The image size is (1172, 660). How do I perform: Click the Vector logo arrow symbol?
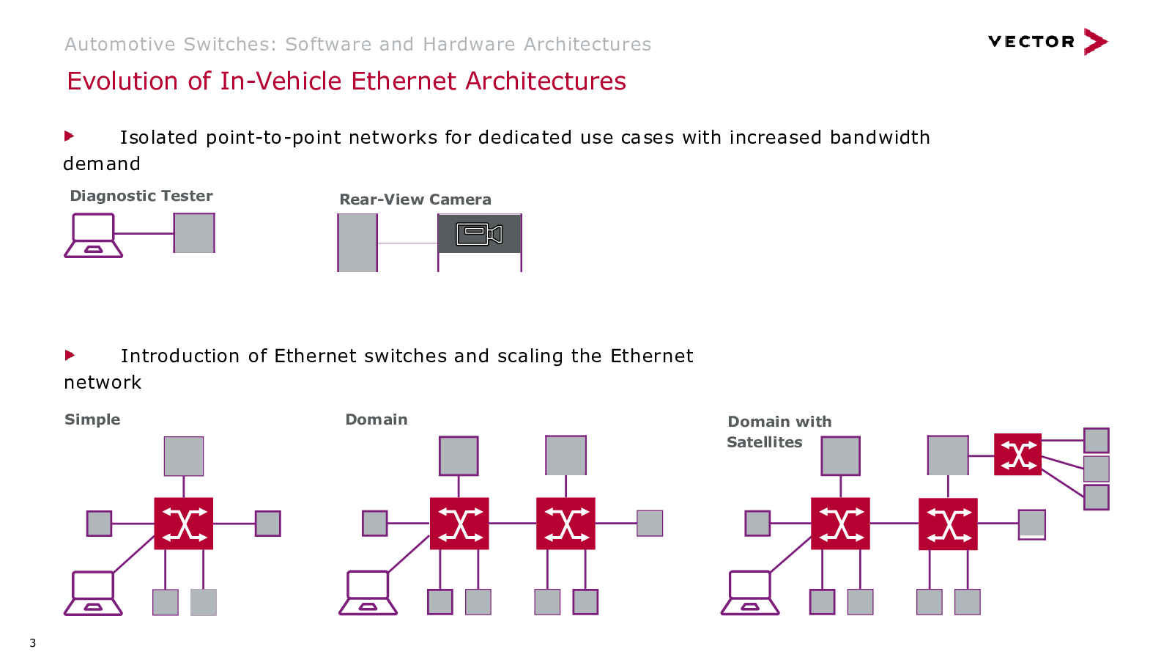click(x=1095, y=41)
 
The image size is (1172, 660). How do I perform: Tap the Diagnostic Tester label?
click(x=141, y=196)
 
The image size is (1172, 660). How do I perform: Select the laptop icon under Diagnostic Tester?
click(x=94, y=235)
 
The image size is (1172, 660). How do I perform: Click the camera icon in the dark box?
click(x=479, y=234)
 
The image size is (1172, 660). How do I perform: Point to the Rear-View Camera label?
click(x=415, y=199)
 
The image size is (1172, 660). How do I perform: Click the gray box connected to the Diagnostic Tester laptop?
click(x=194, y=233)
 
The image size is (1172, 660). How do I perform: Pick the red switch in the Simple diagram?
click(x=184, y=524)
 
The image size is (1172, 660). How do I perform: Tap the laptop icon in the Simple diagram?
click(x=93, y=593)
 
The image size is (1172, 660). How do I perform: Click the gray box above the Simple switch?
click(x=184, y=456)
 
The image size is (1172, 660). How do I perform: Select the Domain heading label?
click(x=377, y=419)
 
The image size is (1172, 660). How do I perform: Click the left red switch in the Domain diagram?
click(x=459, y=524)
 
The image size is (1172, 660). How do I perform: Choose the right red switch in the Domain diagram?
click(x=565, y=524)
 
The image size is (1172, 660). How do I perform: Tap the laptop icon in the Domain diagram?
click(x=368, y=593)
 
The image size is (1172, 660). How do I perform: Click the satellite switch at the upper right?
click(x=1017, y=454)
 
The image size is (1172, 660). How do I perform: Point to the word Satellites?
click(x=765, y=442)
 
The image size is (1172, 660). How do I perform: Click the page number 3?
click(x=32, y=642)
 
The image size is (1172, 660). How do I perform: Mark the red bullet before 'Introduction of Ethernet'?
click(x=70, y=355)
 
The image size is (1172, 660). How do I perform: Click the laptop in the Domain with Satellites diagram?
click(x=750, y=593)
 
